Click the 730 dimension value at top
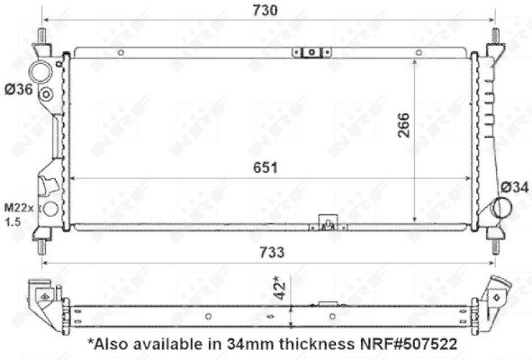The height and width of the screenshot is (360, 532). point(265,11)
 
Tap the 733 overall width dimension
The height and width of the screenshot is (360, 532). point(272,253)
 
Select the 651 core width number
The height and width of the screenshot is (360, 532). point(265,168)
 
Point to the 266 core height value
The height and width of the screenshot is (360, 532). point(404,125)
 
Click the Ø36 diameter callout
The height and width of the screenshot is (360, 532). point(19,90)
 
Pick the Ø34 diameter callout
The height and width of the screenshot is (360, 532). point(515,187)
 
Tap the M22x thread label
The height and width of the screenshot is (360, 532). point(19,208)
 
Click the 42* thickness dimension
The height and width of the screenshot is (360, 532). point(281,288)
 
